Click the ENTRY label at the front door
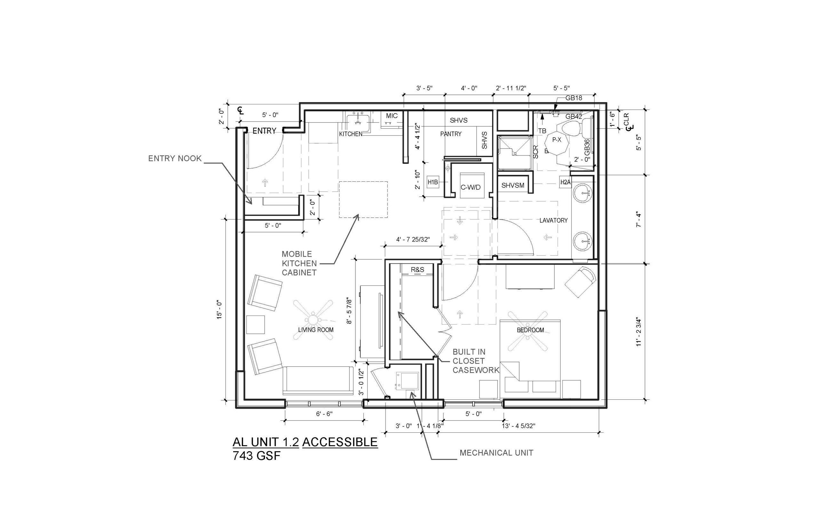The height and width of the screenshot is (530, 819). point(264,131)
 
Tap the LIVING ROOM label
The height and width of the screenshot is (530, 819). point(316,330)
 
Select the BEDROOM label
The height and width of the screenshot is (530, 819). point(530,330)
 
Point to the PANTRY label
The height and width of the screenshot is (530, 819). point(450,134)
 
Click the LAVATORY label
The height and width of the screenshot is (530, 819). point(553,220)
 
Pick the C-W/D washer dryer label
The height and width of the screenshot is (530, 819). point(471,188)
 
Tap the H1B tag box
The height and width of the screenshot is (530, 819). point(433,182)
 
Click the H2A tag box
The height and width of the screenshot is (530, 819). point(566,182)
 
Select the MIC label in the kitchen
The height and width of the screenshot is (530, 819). point(392,116)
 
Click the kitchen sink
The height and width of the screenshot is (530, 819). point(358,120)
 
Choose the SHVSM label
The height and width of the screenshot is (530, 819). point(513,186)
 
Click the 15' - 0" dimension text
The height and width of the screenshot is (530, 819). point(220,309)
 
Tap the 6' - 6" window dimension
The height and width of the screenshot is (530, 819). point(324,414)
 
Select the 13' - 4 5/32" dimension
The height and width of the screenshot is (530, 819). point(518,426)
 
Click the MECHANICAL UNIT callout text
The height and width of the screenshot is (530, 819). point(496,453)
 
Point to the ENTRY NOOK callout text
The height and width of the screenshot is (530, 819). point(175,158)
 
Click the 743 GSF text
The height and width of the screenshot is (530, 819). point(257,456)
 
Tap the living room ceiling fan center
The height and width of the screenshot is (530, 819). point(313,319)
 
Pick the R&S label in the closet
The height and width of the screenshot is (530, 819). point(417,270)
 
